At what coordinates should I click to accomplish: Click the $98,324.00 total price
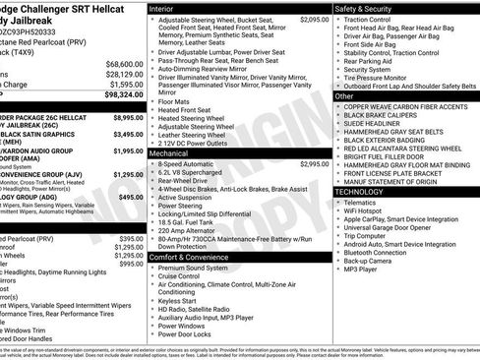[117, 96]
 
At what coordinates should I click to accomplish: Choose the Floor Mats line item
[175, 100]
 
